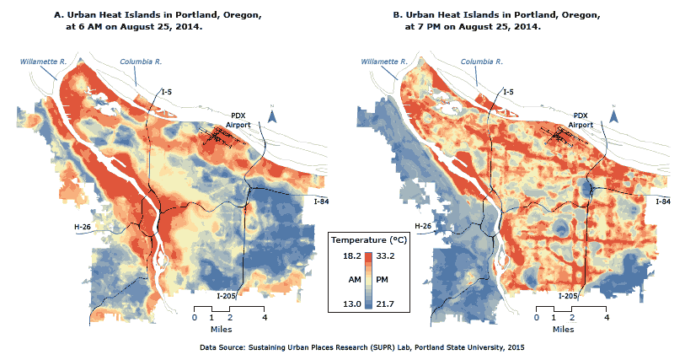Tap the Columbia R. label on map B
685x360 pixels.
click(x=482, y=62)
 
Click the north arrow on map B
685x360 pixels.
click(x=614, y=116)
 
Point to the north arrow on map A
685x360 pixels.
click(x=271, y=116)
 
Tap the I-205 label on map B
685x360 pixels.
click(x=569, y=295)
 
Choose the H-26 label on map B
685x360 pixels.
click(x=425, y=226)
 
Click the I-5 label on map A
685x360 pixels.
click(x=168, y=91)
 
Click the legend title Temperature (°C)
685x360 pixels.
click(x=368, y=239)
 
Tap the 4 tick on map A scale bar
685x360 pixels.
click(x=265, y=318)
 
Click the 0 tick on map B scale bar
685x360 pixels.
click(x=537, y=318)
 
